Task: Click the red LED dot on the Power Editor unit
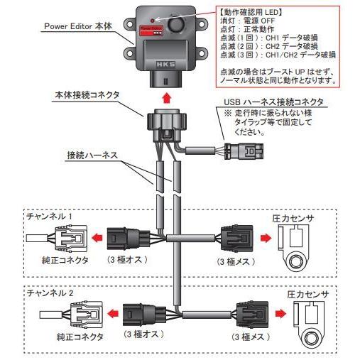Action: tap(153, 21)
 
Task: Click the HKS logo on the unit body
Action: tap(165, 65)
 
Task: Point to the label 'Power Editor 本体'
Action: tap(78, 26)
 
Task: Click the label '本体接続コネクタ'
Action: tap(87, 95)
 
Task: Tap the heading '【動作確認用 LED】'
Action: tap(251, 12)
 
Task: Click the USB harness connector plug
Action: tap(244, 151)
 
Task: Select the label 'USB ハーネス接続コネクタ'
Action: tap(273, 102)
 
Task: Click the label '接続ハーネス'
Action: tap(92, 156)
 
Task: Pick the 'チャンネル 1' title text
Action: tap(50, 217)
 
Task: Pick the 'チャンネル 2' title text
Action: tap(50, 293)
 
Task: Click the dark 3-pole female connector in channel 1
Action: tap(237, 238)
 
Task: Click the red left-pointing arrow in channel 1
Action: tap(97, 238)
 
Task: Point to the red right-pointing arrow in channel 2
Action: tap(280, 314)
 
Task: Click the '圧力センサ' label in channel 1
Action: tap(293, 218)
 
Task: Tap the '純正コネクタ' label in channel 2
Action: tap(80, 337)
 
